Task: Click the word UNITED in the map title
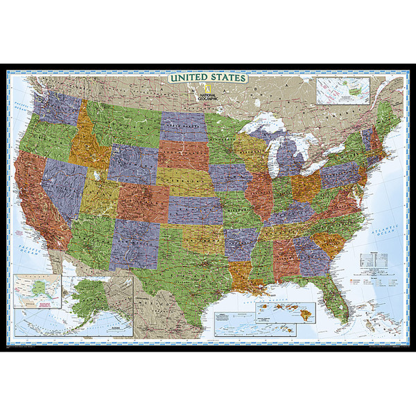click(188, 78)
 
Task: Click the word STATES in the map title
click(227, 78)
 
